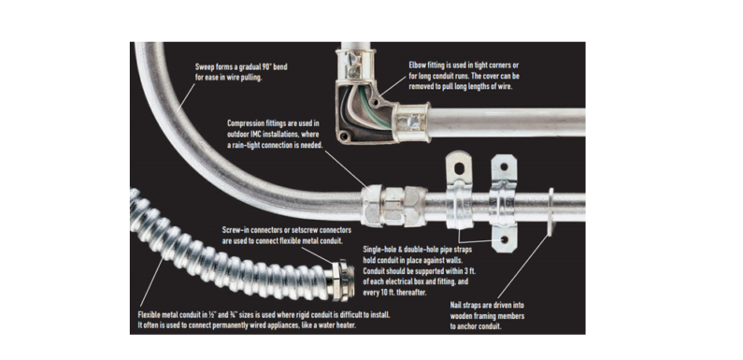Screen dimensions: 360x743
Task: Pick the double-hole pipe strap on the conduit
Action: (x=505, y=201)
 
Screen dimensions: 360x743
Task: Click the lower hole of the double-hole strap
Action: (x=504, y=239)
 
